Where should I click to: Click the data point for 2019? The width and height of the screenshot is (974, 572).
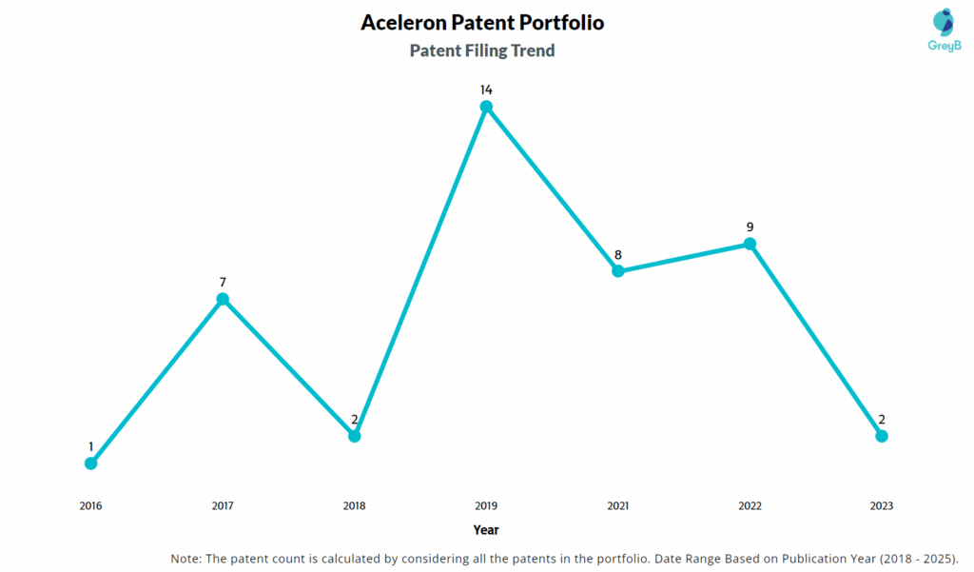coord(486,107)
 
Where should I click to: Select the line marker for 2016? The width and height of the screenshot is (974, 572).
coord(90,464)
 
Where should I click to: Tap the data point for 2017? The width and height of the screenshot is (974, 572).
coord(223,299)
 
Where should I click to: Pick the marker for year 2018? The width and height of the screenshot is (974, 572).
coord(354,436)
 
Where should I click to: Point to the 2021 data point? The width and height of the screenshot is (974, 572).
coord(618,271)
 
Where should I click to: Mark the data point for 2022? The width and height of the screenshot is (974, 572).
coord(750,244)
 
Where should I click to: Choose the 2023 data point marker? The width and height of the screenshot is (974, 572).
coord(882,436)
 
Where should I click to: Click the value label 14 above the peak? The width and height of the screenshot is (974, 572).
coord(486,89)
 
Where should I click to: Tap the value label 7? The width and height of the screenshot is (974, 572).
coord(223,282)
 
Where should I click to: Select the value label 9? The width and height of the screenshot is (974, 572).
coord(750,227)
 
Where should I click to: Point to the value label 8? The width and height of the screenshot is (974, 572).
coord(618,254)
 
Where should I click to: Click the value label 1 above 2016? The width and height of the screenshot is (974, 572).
coord(91,446)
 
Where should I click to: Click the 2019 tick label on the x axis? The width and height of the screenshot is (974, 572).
coord(486,506)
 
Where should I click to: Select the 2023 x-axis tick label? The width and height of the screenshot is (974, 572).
coord(881,506)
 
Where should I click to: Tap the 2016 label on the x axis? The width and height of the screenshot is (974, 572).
coord(90,506)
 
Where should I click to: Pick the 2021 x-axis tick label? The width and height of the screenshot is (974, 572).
coord(617,506)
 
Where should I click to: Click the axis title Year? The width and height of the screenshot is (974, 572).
coord(486,530)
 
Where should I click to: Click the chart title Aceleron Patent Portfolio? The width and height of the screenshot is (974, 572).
coord(482,22)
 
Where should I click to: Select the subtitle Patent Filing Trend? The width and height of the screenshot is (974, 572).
coord(482,50)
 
